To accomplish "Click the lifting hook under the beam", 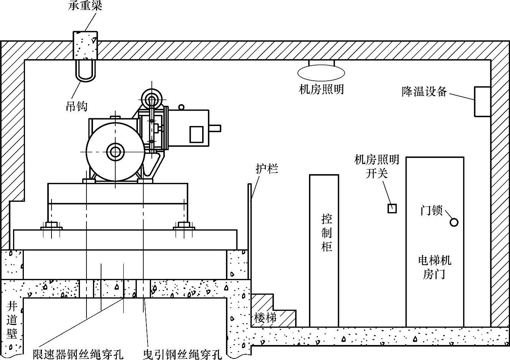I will [x=85, y=71].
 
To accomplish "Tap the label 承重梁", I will [x=86, y=5].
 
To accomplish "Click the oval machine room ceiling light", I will [x=321, y=72].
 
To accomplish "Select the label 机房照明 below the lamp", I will [x=321, y=90].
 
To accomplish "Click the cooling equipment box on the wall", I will [x=482, y=101].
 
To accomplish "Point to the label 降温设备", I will [x=424, y=91].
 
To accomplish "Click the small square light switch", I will [x=392, y=209].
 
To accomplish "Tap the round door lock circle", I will [x=454, y=222].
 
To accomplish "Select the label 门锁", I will [x=432, y=211].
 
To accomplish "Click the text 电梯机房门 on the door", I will [x=434, y=267].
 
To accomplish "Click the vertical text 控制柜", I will [x=326, y=232].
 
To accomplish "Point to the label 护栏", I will [x=267, y=168].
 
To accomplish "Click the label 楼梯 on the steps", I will [x=265, y=318].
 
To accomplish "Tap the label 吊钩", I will [x=76, y=106].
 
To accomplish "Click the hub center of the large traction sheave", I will [x=115, y=152].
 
